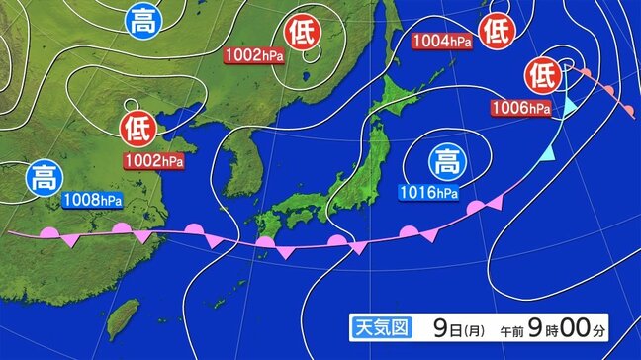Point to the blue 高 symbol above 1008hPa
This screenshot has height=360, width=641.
click(x=43, y=179)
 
